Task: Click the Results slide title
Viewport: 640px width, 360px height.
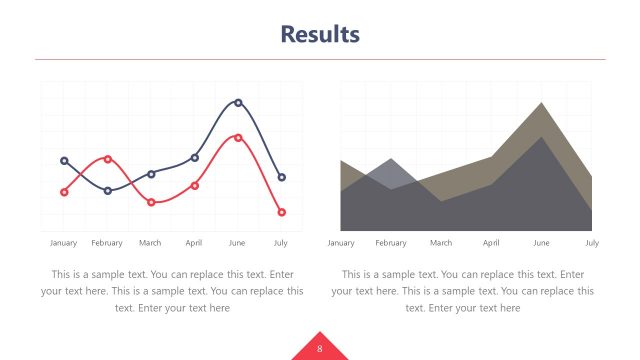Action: (320, 35)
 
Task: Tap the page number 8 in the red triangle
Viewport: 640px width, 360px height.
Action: (319, 348)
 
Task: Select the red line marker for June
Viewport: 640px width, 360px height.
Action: (238, 137)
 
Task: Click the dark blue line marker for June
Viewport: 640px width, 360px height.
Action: (238, 102)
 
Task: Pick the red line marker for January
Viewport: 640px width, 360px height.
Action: (64, 192)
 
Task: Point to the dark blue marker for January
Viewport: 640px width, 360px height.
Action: (64, 160)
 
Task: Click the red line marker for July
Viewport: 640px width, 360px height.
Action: (282, 212)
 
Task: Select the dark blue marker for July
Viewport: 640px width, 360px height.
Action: (282, 177)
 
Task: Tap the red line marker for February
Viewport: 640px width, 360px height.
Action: (108, 159)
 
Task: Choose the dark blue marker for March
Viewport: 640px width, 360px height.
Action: (151, 174)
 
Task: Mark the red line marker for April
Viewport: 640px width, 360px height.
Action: (195, 185)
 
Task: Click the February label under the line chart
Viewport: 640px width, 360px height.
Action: (107, 243)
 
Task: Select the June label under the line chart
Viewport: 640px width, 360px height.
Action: (237, 243)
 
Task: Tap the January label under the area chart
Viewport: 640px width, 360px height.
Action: (341, 243)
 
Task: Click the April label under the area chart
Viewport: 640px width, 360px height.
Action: (491, 243)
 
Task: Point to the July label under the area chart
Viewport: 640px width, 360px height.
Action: (592, 243)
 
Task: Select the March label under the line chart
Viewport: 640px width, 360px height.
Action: (150, 243)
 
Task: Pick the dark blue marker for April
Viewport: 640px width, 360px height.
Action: (195, 158)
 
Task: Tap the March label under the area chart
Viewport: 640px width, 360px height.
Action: (441, 243)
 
